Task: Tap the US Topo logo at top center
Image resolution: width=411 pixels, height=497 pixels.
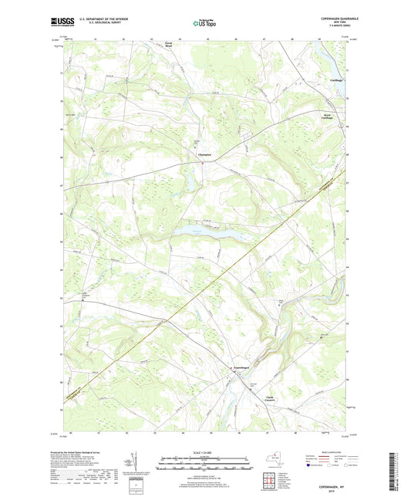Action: point(205,24)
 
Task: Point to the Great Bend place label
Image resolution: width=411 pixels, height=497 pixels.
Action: point(169,46)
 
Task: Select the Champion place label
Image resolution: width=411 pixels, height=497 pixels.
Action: point(203,154)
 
